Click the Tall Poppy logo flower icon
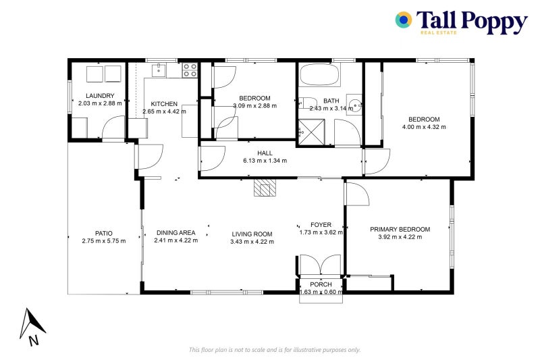(404, 20)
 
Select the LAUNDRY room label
(100, 96)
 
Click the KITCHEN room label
(164, 104)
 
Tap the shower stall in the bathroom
(311, 131)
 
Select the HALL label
(265, 153)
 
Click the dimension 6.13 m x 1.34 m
(265, 161)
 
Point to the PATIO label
(103, 233)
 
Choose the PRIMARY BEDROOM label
(400, 229)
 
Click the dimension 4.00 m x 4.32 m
(424, 127)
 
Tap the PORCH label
(321, 284)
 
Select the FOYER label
(321, 225)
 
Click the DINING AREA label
(175, 233)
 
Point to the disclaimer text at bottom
(275, 349)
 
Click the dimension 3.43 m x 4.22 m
(252, 241)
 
